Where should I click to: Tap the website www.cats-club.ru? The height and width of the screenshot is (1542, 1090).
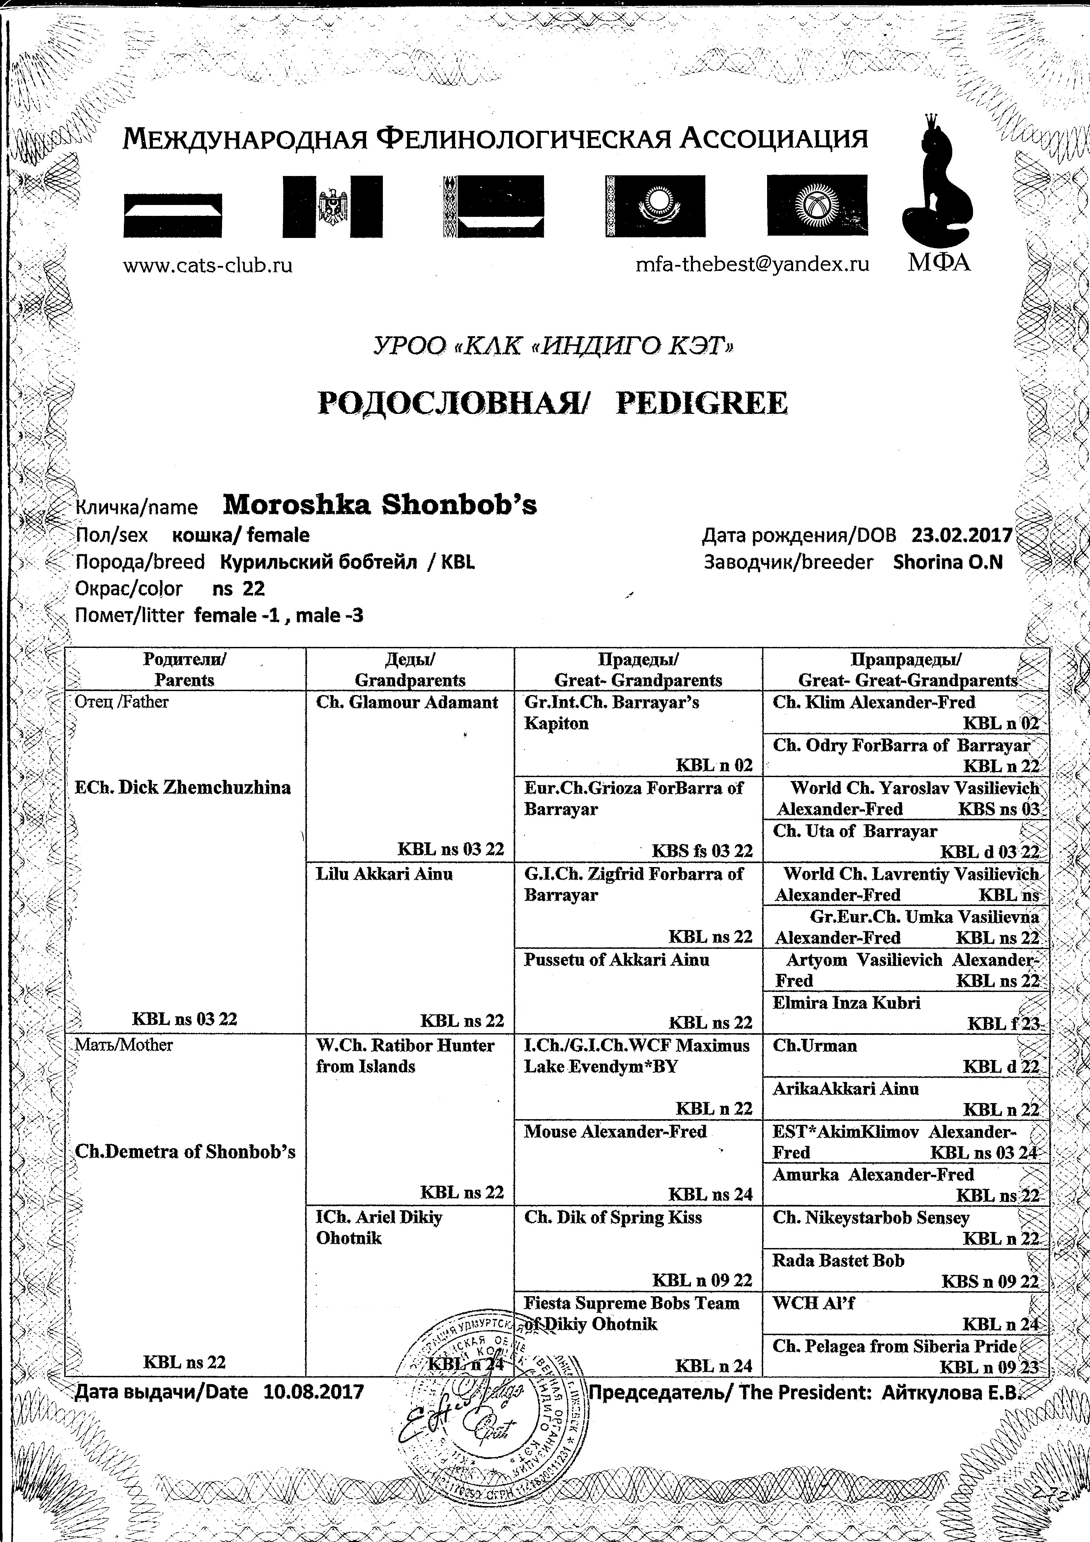[208, 265]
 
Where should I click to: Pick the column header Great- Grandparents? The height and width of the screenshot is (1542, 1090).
[638, 680]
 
